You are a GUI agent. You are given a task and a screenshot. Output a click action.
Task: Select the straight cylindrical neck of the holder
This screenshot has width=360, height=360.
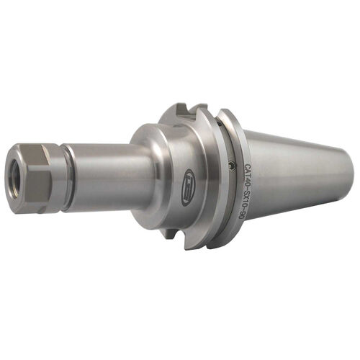[x=108, y=176]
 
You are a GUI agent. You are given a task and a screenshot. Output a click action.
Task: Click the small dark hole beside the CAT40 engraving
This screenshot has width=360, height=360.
[x=229, y=166]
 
